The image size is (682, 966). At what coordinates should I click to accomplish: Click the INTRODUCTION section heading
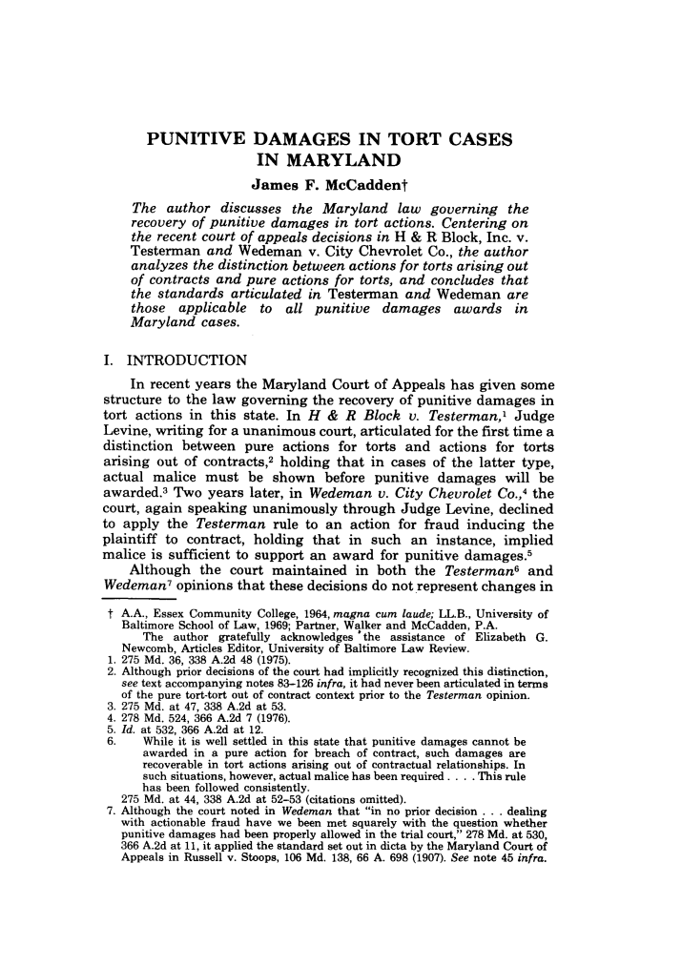(x=186, y=360)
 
